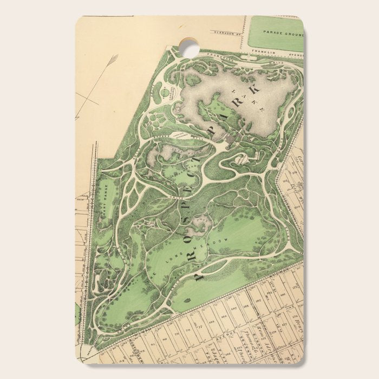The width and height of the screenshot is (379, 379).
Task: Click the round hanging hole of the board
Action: point(190,47)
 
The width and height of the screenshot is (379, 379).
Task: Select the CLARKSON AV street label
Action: point(227,32)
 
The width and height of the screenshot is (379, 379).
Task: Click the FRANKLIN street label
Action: point(264,52)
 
